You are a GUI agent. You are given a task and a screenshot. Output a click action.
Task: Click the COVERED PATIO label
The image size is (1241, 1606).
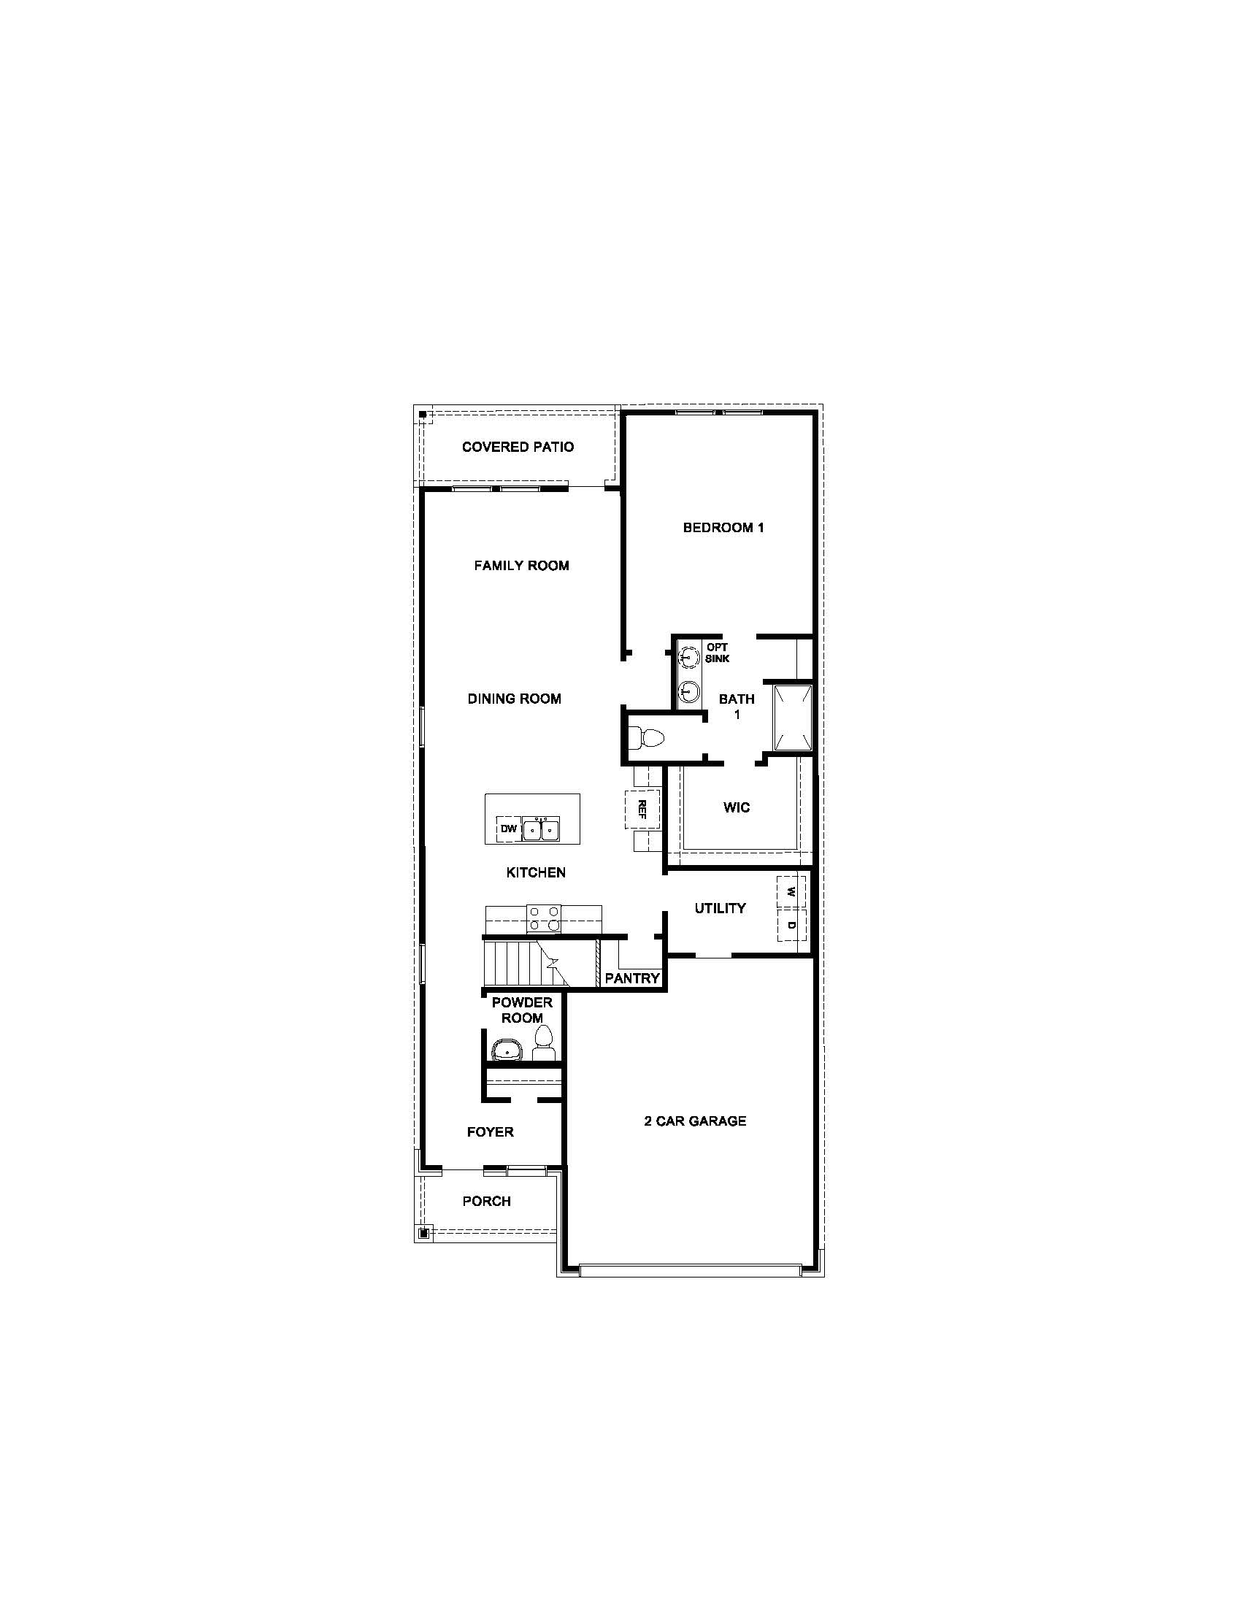tap(518, 446)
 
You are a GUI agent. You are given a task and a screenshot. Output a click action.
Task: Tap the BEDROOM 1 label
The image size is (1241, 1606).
tap(723, 527)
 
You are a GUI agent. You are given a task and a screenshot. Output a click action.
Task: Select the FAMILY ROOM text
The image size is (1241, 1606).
tap(521, 566)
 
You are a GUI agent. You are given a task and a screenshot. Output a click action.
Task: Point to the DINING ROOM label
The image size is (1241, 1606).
tap(515, 699)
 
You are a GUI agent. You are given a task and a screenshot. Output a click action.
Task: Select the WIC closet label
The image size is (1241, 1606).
tap(737, 807)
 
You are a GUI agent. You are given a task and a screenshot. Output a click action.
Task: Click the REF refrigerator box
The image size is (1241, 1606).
tap(642, 809)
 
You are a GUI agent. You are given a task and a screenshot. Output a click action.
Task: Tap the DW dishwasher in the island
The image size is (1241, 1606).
tap(509, 829)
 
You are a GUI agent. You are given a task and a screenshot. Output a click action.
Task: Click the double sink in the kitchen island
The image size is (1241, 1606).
tap(541, 829)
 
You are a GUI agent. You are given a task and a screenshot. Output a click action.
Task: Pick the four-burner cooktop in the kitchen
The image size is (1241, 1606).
tap(543, 919)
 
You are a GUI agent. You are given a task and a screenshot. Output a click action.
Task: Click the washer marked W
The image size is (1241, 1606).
tap(791, 893)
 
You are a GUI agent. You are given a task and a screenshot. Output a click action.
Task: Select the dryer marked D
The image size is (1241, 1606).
tap(791, 926)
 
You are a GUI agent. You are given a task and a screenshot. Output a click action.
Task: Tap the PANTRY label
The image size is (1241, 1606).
tap(632, 978)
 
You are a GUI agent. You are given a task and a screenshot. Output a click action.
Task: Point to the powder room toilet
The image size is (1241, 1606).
tap(543, 1042)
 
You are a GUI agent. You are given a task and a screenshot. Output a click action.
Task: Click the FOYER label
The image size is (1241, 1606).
tap(491, 1131)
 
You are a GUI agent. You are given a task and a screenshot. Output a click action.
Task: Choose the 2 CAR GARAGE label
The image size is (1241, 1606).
tap(696, 1121)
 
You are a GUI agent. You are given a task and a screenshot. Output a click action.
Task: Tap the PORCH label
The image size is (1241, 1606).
tap(487, 1201)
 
